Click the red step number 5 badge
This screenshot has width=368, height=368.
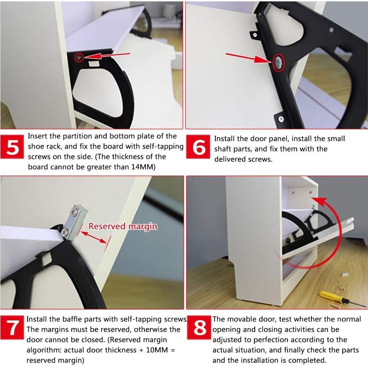point(13,149)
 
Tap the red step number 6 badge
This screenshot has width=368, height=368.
point(199,149)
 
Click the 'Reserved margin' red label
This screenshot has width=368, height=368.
point(123,226)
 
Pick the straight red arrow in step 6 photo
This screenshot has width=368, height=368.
point(248,58)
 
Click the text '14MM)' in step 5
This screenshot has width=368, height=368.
point(142,167)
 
